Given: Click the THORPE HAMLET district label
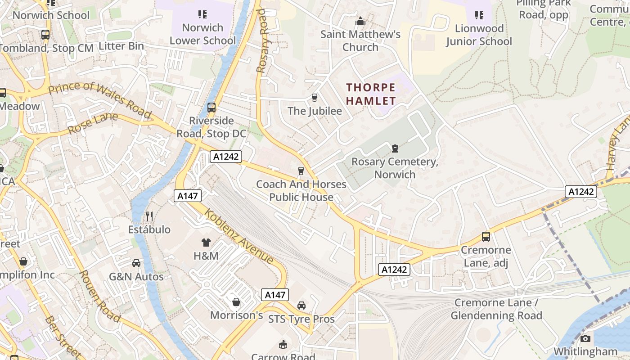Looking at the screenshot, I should [371, 94].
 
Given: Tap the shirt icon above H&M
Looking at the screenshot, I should [206, 243].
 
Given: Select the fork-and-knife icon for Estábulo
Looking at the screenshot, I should [149, 216].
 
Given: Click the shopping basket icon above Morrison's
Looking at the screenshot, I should [236, 302].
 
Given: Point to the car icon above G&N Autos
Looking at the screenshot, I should [136, 263].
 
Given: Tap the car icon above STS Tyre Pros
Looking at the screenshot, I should [301, 306].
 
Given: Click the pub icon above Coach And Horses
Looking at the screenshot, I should [301, 171].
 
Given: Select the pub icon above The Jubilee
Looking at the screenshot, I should [315, 97].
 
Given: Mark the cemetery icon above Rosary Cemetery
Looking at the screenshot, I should [395, 148].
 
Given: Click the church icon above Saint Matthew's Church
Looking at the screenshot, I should [360, 21].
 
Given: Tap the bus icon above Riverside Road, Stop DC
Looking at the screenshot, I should [211, 108].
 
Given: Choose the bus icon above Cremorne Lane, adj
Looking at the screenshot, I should [486, 236].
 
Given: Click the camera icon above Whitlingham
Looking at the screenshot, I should [585, 338].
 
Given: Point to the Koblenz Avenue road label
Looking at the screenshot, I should [239, 236].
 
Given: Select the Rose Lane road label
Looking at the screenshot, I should [93, 123].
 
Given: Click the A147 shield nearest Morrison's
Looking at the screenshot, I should [274, 295].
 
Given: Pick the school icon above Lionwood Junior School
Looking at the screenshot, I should [479, 15].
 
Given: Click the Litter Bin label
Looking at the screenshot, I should [121, 46].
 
